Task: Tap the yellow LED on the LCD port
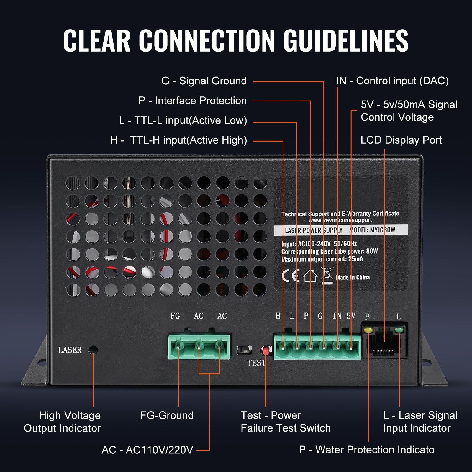368,330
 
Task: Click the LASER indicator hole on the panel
93,350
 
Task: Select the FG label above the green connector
175,316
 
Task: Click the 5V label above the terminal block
351,316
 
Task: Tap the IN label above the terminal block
337,316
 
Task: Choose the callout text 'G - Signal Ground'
204,81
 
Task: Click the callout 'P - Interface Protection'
193,101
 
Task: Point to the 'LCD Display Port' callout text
401,140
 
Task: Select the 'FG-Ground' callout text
167,415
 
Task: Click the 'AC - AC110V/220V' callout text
147,450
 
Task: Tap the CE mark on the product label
291,276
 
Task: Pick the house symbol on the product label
310,276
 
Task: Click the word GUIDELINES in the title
346,41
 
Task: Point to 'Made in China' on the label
353,277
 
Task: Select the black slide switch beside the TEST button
244,350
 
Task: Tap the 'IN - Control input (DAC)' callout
392,81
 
